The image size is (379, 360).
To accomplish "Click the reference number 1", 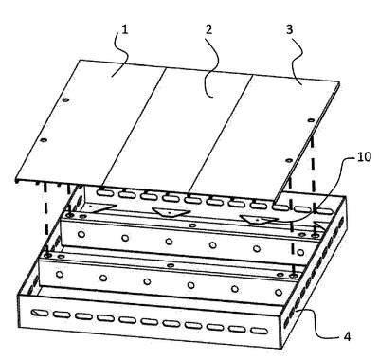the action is click(125, 29).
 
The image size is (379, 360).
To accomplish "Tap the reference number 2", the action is click(208, 29).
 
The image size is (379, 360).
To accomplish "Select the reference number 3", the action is click(289, 29).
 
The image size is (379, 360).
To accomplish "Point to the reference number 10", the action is click(364, 156).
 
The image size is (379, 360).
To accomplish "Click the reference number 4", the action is click(347, 336).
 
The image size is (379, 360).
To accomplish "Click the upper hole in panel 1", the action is click(65, 100).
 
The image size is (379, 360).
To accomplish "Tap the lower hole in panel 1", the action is click(44, 140).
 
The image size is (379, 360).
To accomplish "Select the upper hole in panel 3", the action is click(311, 120).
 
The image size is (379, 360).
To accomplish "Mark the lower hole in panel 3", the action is click(288, 160).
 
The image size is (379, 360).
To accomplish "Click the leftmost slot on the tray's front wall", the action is click(40, 313).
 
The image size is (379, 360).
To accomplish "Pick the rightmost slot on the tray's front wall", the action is click(260, 332).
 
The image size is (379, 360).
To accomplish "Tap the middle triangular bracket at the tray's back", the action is click(170, 212).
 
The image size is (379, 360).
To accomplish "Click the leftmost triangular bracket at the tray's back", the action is click(100, 207).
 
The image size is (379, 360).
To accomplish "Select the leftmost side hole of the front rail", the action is click(59, 274).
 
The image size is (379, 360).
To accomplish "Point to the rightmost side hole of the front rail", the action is click(279, 293).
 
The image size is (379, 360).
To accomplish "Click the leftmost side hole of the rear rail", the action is click(81, 234).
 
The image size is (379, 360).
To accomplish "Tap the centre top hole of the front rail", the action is click(171, 265).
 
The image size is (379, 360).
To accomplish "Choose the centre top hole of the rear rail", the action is click(192, 225).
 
